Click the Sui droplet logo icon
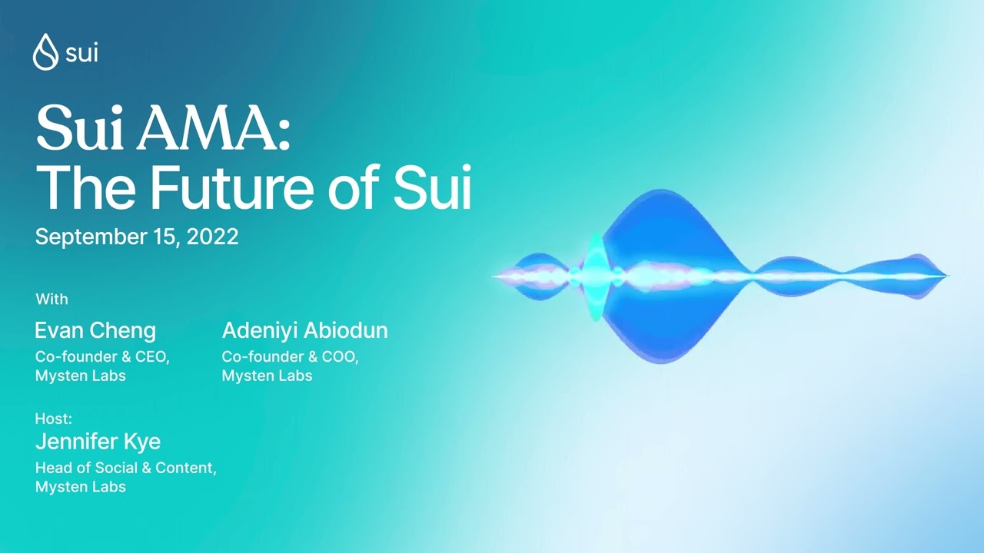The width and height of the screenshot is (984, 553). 45,52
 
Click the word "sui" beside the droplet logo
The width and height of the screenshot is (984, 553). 81,53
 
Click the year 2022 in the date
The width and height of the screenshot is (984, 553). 212,237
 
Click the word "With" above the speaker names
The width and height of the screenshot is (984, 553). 52,299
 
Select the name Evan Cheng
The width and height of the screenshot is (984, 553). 95,331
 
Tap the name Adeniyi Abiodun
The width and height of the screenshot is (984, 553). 304,331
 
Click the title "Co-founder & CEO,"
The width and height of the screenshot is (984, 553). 102,357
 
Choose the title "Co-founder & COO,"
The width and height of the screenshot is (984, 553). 291,357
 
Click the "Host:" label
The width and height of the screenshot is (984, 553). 54,419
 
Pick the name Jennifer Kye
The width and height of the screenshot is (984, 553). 98,442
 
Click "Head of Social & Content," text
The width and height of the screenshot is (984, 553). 126,468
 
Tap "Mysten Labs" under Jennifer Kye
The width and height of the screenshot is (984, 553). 81,487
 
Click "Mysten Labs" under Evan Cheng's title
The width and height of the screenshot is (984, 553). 81,376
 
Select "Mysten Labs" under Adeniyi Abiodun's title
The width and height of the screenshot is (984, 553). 267,376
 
